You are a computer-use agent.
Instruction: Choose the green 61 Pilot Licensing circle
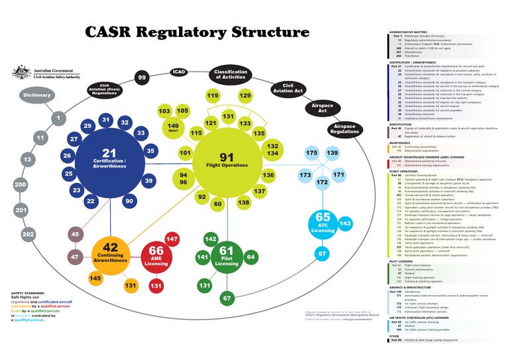click(x=225, y=255)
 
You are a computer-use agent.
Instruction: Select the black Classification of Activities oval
click(x=230, y=75)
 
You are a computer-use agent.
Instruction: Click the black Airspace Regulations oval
click(x=345, y=130)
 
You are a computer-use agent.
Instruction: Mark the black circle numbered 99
click(x=142, y=78)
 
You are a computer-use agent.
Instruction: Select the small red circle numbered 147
click(x=172, y=239)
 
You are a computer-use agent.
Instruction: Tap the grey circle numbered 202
click(x=28, y=234)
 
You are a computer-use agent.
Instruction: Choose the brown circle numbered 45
click(x=75, y=234)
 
